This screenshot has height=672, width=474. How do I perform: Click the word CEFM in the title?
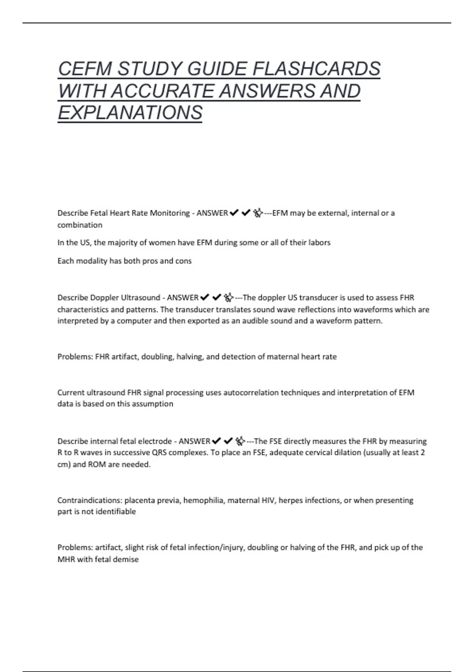click(85, 69)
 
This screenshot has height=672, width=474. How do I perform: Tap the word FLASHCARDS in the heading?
click(316, 69)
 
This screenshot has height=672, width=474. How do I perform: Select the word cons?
click(183, 261)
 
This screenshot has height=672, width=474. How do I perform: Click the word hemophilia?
click(203, 500)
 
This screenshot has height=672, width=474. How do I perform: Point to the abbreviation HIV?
click(268, 500)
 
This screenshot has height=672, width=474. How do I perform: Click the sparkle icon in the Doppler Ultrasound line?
click(228, 297)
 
